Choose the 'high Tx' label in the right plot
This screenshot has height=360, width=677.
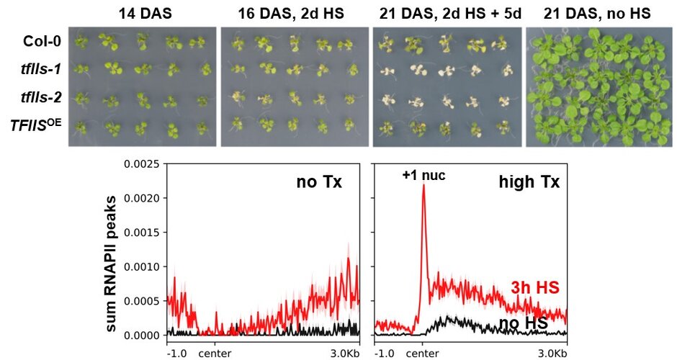[x=529, y=182]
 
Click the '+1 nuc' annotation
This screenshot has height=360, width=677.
[x=423, y=174]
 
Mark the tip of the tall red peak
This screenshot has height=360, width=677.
[x=423, y=184]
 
